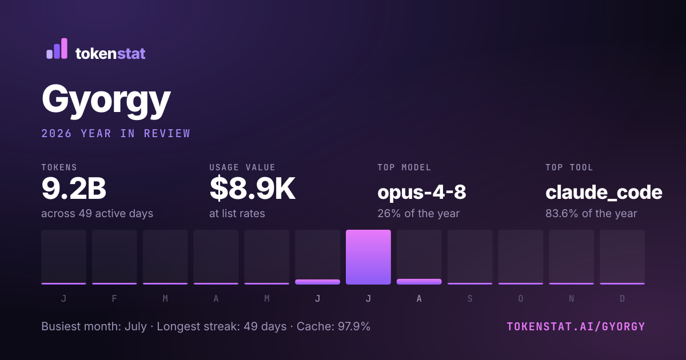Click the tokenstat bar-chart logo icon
pos(57,49)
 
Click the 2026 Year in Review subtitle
pos(115,134)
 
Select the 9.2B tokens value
pos(74,188)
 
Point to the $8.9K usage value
pos(252,189)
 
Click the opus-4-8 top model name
pos(422,192)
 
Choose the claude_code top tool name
pos(604,193)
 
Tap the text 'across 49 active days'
pos(97,213)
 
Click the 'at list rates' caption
pos(237,213)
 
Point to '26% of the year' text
pos(418,213)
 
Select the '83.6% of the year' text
pos(591,213)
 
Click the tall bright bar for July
pos(368,257)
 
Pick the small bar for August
pos(419,282)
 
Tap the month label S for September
pos(470,298)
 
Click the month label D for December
pos(623,298)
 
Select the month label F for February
pos(114,298)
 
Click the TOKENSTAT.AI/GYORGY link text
pos(576,327)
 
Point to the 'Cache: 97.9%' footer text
pos(333,326)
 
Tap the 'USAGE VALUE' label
pos(242,167)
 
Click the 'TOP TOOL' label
pos(569,167)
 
